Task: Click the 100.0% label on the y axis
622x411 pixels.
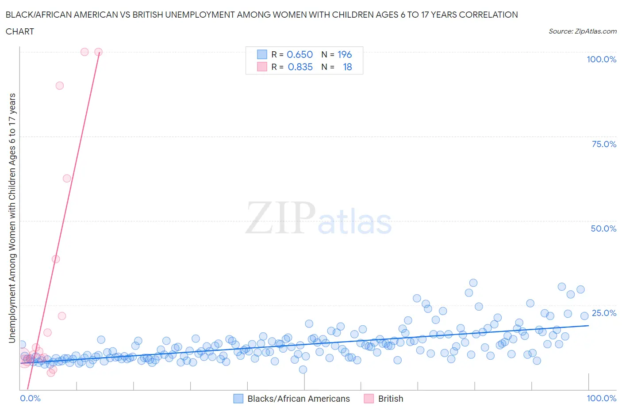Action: (601, 59)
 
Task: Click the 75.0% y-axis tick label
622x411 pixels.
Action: (604, 144)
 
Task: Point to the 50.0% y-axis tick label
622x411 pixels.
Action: (603, 228)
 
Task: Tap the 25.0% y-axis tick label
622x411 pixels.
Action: (604, 313)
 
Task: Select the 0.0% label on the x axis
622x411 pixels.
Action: (31, 398)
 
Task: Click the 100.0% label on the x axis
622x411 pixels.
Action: (601, 398)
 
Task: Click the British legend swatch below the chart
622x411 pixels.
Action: (369, 399)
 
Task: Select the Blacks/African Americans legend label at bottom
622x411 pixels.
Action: (299, 399)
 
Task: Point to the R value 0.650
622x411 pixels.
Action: (299, 54)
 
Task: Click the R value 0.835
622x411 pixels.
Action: (300, 67)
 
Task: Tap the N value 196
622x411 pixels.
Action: (345, 54)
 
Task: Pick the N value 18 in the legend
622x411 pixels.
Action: (347, 67)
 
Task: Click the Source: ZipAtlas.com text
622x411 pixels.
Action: (582, 31)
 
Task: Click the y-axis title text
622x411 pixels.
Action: (12, 218)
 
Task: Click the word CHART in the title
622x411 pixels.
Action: (20, 31)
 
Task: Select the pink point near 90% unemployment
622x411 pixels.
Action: (60, 86)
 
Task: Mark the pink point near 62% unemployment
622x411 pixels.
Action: (67, 179)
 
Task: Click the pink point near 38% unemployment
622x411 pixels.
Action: (56, 259)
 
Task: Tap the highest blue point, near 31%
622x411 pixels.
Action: (473, 283)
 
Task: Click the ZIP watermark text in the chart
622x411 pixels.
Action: (280, 218)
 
